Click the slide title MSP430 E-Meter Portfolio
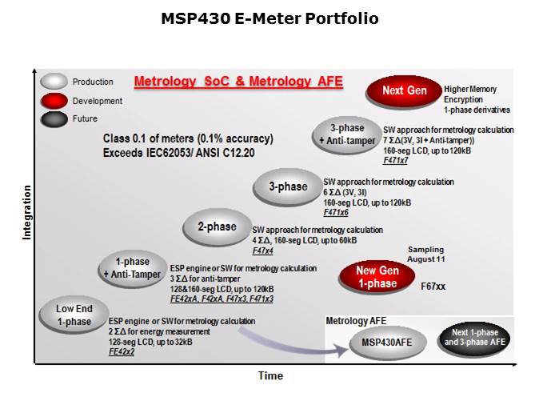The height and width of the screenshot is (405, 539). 269,18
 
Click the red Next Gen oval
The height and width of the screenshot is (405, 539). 404,91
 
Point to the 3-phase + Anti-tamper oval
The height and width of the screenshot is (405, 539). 348,134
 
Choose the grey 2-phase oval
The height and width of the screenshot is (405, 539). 216,227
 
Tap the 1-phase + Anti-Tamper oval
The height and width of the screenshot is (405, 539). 132,268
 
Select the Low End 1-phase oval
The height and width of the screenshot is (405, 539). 73,315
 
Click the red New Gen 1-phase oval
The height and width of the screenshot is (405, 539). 377,277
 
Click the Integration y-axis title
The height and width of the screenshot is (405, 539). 26,212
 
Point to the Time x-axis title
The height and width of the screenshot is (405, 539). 269,376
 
